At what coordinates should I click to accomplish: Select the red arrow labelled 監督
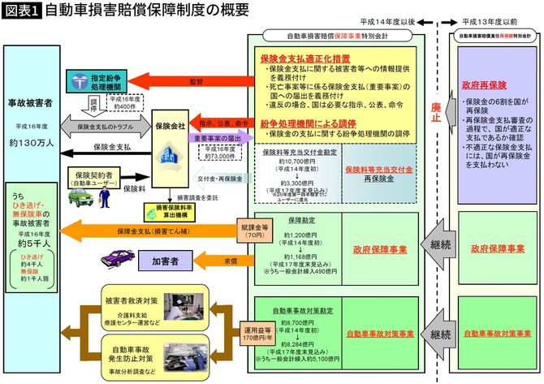(196, 82)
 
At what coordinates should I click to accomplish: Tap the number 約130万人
(32, 142)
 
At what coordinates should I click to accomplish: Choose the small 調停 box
(94, 106)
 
